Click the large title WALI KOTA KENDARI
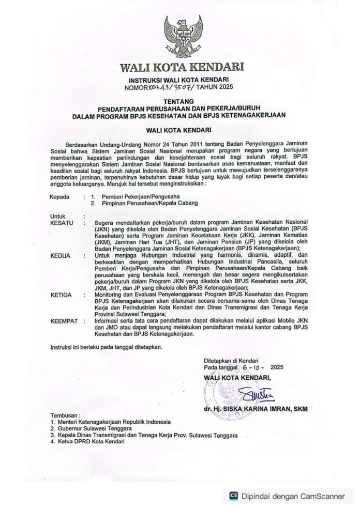coord(180,67)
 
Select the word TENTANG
coord(179,101)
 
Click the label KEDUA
coord(61,255)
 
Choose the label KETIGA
coord(61,295)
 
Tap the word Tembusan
coord(65,415)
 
